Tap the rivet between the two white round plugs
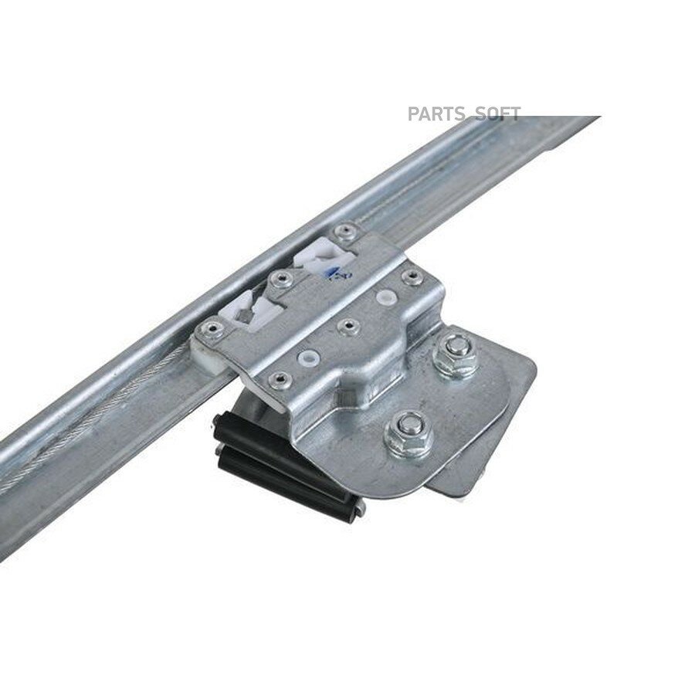click(x=347, y=327)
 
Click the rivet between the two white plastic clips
click(x=280, y=280)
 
